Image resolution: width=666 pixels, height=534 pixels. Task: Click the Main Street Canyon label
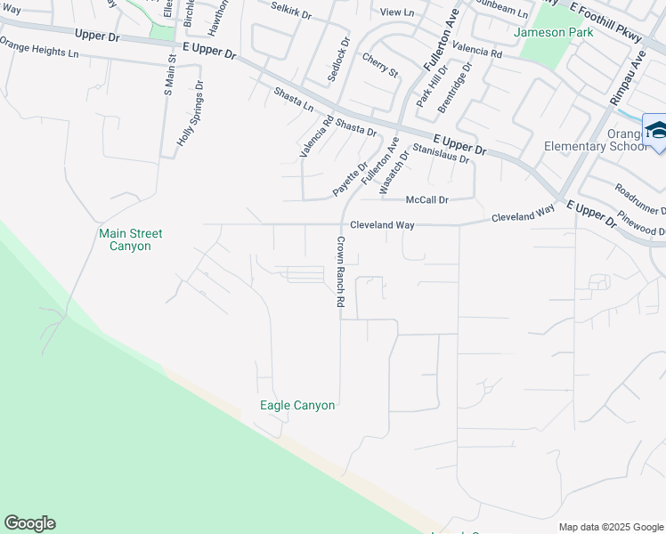coord(130,239)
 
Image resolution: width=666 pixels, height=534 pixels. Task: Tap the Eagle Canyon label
coord(297,406)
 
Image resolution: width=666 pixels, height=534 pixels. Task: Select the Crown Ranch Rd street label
coord(339,272)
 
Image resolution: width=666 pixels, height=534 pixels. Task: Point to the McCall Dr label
coord(427,200)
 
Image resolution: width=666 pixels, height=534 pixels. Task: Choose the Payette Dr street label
coord(350,179)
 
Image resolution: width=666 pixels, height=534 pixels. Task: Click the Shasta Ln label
coord(294,99)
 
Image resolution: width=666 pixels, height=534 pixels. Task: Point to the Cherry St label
coord(379,64)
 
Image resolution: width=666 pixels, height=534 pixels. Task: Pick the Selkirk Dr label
coord(290,15)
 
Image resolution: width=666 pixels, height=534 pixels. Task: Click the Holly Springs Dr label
coord(190,118)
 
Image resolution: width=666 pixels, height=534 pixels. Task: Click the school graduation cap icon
coord(657,131)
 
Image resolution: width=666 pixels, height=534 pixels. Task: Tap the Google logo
coord(29,523)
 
